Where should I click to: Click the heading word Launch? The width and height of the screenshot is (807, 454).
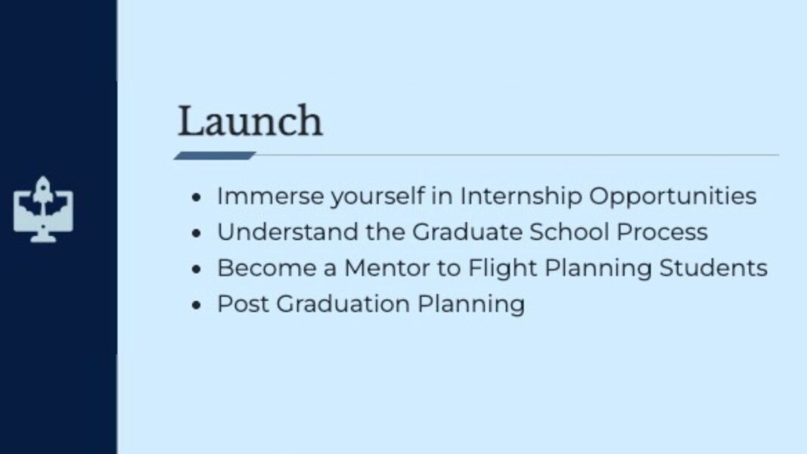click(250, 122)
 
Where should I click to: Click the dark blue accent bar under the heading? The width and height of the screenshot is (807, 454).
click(214, 156)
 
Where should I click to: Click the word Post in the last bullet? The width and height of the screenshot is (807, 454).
click(242, 304)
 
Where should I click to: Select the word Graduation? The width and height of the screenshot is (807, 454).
click(343, 304)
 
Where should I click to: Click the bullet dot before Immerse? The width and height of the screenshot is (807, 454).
click(197, 197)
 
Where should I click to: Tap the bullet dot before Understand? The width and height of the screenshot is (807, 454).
click(197, 233)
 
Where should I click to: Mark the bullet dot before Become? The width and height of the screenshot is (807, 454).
click(197, 269)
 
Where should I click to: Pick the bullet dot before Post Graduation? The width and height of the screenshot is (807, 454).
click(197, 306)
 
